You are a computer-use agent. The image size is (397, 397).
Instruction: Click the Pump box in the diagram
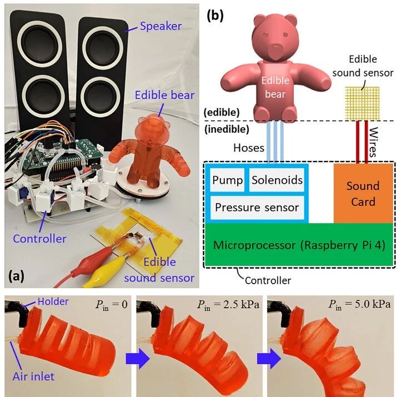(227, 180)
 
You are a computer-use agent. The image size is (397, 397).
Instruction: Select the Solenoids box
(277, 180)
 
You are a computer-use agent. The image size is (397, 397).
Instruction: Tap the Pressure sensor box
(257, 207)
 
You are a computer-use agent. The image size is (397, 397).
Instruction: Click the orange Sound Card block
(363, 194)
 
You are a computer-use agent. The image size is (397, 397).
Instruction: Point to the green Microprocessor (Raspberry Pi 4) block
(299, 244)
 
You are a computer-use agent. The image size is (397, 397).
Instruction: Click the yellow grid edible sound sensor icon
(363, 104)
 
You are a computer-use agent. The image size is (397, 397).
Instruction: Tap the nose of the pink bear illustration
(276, 47)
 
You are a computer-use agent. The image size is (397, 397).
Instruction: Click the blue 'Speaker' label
(161, 26)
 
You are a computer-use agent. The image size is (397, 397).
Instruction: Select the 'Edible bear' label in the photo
(164, 95)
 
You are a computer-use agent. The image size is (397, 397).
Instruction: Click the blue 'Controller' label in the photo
(40, 239)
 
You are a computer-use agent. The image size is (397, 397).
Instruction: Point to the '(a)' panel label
(17, 276)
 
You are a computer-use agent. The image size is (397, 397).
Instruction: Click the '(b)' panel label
(215, 16)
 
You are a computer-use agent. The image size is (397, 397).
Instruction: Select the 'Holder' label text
(53, 301)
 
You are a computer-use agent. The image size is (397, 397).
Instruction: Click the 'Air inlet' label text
(33, 376)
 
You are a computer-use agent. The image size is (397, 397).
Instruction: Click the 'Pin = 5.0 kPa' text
(359, 304)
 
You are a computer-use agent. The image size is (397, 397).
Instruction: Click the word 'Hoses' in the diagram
(249, 148)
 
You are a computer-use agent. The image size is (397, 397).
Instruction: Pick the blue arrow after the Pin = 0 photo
(138, 359)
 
